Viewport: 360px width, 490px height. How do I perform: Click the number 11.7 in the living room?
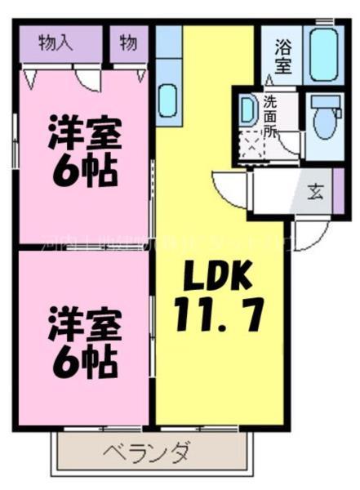tap(219, 314)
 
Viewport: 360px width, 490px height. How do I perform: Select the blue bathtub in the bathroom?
tap(324, 54)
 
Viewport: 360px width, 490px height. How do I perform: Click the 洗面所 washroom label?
tap(269, 116)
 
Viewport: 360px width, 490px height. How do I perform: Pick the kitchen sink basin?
tap(168, 100)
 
